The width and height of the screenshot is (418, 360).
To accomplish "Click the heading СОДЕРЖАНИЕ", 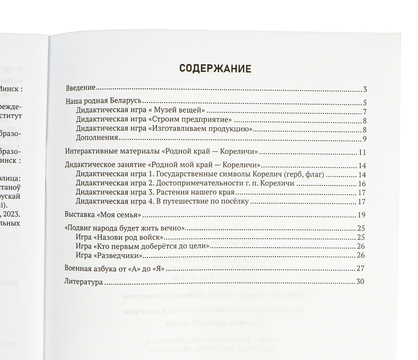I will point(215,69).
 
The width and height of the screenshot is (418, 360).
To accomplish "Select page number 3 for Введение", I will point(364,89).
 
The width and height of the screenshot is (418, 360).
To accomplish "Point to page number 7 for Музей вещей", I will point(364,112).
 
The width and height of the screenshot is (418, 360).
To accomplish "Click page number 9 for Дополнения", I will point(364,139).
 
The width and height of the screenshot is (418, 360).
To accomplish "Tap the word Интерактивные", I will point(90,151).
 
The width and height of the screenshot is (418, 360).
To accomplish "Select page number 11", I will point(362,152).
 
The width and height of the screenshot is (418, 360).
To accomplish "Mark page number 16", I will point(362,184).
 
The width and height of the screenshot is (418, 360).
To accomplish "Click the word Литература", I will point(84,282).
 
